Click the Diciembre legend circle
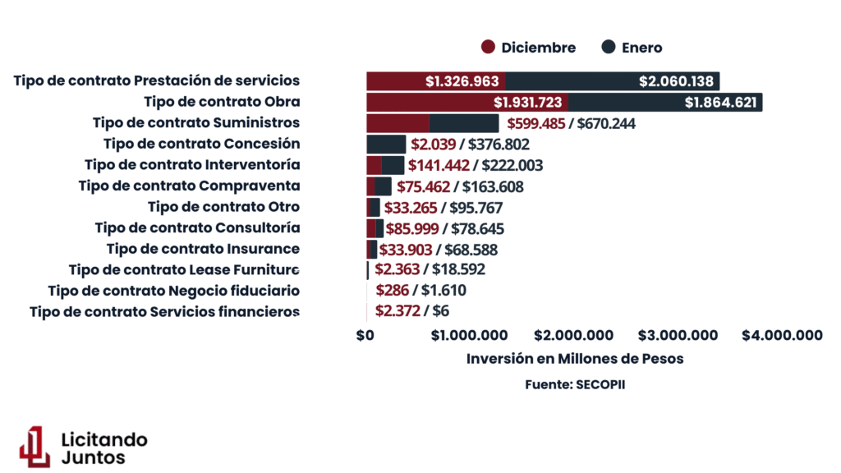pos(489,48)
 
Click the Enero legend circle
pos(609,48)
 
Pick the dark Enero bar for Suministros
pos(464,123)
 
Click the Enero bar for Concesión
pos(386,145)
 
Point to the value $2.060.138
pos(677,81)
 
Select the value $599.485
pos(537,124)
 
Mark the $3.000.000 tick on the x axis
pos(678,335)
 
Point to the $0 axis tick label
pos(365,335)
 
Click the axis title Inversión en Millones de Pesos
pos(575,359)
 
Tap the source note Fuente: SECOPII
pos(575,384)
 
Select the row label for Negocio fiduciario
pos(173,291)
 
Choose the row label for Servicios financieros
pos(164,312)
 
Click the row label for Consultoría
pos(197,227)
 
